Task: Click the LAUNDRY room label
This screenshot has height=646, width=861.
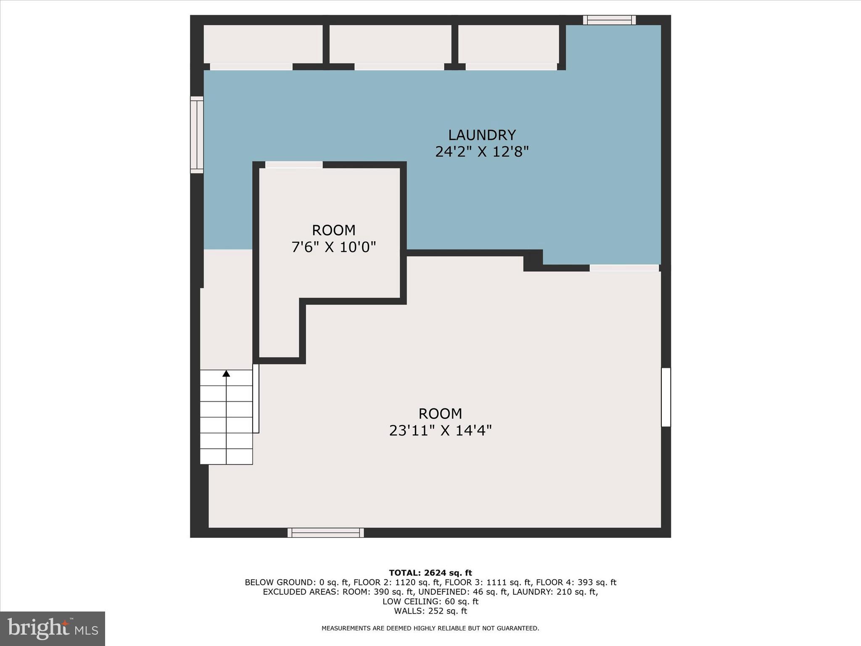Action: click(482, 135)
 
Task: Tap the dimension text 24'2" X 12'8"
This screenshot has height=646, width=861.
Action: click(482, 151)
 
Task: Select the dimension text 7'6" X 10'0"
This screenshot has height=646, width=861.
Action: click(333, 247)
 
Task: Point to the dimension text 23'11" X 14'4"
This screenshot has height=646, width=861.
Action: click(440, 431)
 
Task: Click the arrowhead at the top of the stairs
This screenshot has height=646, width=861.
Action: click(226, 373)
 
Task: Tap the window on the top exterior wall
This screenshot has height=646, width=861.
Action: click(609, 20)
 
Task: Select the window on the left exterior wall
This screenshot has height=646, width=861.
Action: click(197, 135)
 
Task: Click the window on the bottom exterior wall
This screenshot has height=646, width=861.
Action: click(326, 533)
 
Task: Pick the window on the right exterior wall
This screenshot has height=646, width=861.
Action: click(666, 397)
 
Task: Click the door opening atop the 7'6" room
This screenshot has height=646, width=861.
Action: click(294, 165)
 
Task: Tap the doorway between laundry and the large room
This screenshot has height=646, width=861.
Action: click(624, 268)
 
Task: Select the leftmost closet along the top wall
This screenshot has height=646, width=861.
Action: click(263, 44)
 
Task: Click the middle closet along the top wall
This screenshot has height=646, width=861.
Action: click(390, 44)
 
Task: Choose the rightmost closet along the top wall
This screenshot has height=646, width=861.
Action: click(508, 44)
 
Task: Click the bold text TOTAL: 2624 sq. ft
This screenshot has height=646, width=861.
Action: click(430, 573)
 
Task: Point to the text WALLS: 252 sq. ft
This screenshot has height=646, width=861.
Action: click(430, 611)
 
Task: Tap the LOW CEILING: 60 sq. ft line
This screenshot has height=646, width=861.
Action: click(430, 601)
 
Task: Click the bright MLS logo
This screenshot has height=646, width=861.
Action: click(53, 628)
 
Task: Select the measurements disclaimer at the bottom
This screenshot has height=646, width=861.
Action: click(430, 628)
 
